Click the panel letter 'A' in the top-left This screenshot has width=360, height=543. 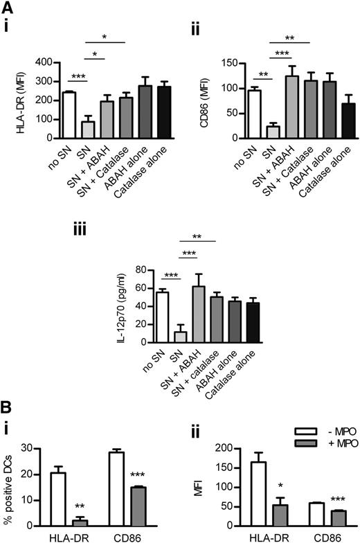coord(8,8)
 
